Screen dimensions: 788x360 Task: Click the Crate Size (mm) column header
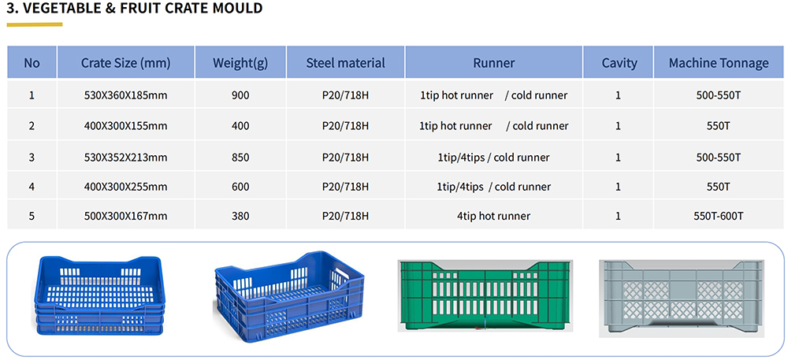[125, 63]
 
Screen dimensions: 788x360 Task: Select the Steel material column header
[346, 63]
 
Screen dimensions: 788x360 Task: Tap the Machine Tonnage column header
[718, 63]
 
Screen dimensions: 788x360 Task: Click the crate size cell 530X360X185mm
[125, 95]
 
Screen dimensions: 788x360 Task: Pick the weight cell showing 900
[240, 95]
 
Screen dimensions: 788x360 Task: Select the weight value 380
[240, 216]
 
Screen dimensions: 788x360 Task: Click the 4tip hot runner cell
[493, 216]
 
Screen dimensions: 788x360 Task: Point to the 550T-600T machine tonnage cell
[718, 216]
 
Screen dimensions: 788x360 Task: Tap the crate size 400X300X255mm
[125, 187]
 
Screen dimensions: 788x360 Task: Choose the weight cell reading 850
[240, 157]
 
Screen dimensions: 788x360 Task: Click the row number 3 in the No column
[32, 157]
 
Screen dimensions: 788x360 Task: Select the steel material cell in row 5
[346, 216]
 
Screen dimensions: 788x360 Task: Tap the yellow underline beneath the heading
[34, 24]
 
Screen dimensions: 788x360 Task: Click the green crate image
[485, 295]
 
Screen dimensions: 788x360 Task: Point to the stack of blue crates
[99, 296]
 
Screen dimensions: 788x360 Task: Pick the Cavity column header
[619, 63]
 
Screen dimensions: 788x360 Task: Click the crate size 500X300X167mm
[125, 216]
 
